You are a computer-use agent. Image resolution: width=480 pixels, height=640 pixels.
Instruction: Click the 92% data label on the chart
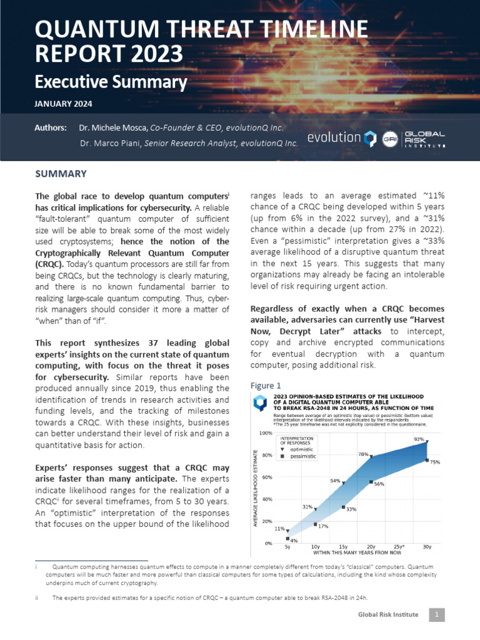coord(419,439)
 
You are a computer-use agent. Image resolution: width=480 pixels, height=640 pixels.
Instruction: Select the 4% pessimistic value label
coord(294,540)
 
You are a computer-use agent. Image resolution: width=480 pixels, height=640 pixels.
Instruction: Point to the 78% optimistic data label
coord(362,454)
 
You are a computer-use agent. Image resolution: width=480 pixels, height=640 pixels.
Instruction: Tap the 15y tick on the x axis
coord(343,547)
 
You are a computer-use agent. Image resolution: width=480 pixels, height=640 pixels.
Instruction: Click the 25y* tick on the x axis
coord(399,547)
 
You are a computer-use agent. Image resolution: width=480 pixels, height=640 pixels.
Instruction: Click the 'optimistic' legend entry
coord(303,449)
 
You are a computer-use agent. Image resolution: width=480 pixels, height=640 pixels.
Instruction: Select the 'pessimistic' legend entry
coord(304,457)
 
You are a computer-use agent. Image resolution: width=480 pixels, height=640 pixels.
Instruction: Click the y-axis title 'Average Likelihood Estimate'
coord(256,487)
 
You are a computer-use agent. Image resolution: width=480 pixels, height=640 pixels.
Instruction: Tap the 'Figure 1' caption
coord(266,385)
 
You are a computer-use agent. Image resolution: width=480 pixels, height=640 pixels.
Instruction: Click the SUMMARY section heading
coord(61,174)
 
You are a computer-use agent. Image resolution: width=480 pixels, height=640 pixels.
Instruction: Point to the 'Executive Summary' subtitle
coord(111,82)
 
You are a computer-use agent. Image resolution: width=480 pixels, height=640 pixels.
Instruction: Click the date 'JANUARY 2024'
coord(63,104)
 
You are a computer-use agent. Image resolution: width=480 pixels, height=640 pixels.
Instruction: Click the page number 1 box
coord(436,615)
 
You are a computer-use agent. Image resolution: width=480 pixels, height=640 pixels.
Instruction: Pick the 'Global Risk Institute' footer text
coord(388,615)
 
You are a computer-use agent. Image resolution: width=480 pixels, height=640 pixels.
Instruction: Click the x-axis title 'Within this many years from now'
coord(357,553)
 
